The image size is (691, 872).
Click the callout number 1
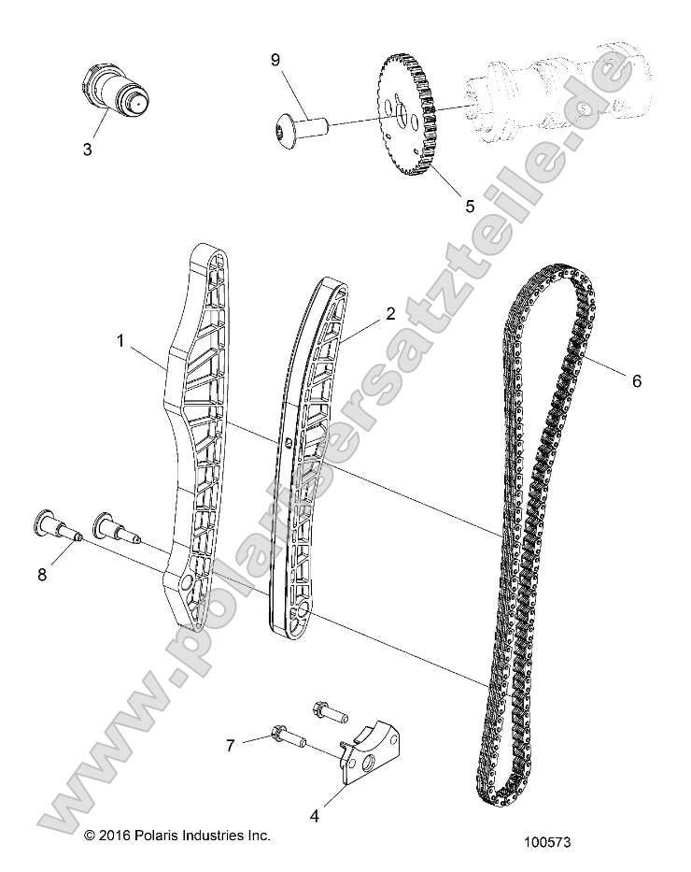pyautogui.click(x=120, y=342)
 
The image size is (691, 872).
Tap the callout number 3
pyautogui.click(x=87, y=148)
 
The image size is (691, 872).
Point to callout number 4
pyautogui.click(x=315, y=815)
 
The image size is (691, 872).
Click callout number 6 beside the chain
pyautogui.click(x=637, y=380)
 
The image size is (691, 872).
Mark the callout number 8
pyautogui.click(x=41, y=575)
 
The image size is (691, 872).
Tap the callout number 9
pyautogui.click(x=275, y=60)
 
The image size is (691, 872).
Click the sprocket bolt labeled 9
pyautogui.click(x=299, y=124)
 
